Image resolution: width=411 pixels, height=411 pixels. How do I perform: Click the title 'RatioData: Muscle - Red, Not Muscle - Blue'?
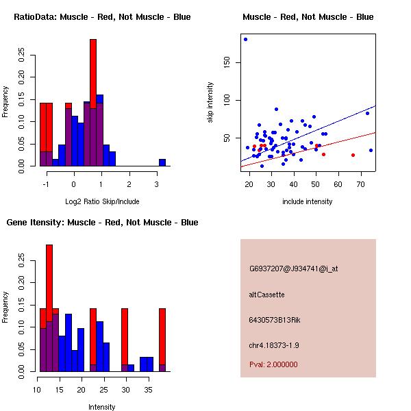(102, 16)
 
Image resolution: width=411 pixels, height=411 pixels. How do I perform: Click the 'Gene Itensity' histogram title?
(102, 222)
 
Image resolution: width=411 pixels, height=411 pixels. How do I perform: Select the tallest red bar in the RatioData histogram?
(93, 103)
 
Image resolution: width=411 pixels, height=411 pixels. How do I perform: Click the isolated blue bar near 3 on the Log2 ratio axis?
(162, 162)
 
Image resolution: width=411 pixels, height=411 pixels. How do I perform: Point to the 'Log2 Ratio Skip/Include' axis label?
(102, 201)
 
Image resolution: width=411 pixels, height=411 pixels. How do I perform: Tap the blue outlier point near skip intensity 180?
(245, 39)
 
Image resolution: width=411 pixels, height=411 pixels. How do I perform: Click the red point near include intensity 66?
(353, 155)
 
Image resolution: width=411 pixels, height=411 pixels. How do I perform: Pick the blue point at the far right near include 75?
(371, 150)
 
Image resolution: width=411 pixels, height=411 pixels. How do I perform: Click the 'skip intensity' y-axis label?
(211, 103)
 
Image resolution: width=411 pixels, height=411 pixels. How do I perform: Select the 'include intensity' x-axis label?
(308, 201)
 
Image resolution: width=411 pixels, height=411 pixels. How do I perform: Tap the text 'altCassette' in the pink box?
(266, 295)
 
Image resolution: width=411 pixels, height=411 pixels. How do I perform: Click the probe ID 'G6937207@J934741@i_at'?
(293, 269)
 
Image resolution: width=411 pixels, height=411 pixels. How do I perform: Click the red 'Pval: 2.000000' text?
(273, 364)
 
